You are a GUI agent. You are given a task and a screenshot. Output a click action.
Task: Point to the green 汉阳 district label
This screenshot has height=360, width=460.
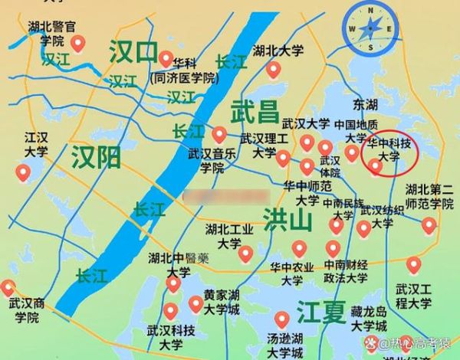tap(96, 158)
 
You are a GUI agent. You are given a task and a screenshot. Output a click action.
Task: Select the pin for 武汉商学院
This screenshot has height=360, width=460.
tap(8, 288)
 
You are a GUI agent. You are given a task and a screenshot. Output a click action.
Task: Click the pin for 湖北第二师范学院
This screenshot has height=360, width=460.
tap(429, 224)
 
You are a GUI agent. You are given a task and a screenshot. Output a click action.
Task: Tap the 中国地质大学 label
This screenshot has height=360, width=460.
tap(356, 131)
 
